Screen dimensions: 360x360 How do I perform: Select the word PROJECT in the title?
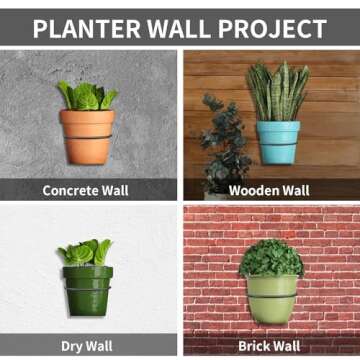[x=275, y=28]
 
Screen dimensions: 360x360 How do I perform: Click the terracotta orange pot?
[x=87, y=136]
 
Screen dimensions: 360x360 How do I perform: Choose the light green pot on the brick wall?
[x=272, y=298]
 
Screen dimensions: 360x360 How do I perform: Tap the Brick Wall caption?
[x=271, y=347]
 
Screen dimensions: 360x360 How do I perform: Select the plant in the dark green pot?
[x=85, y=253]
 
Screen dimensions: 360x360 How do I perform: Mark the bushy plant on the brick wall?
[x=271, y=258]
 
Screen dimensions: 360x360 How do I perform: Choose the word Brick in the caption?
[x=256, y=347]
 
